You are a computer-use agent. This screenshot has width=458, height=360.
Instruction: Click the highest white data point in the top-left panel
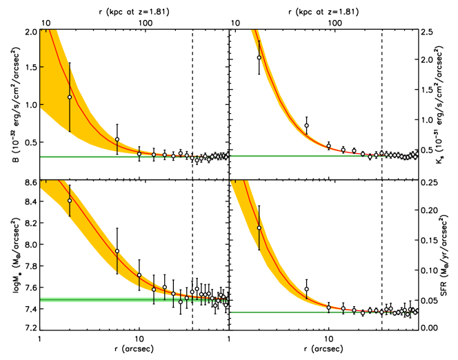(x=70, y=97)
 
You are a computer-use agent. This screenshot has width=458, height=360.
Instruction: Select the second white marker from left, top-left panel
(x=117, y=139)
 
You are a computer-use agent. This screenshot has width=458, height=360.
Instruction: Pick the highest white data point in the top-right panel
(x=259, y=57)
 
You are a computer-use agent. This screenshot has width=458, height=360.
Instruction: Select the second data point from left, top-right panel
(x=306, y=126)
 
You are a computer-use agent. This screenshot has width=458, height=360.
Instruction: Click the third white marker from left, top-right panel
(x=328, y=146)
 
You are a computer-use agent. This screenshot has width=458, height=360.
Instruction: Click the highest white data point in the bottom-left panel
(x=70, y=201)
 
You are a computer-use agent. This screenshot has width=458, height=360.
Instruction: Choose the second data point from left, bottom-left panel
(x=117, y=251)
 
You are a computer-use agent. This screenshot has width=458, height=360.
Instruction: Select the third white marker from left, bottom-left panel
(x=139, y=275)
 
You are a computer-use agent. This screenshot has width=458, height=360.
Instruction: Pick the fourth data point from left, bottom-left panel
(x=153, y=289)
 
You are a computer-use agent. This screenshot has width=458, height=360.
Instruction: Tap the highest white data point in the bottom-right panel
(x=259, y=228)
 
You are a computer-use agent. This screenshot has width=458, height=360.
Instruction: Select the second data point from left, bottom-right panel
(x=306, y=290)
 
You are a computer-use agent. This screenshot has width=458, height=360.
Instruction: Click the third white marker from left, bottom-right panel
(x=328, y=306)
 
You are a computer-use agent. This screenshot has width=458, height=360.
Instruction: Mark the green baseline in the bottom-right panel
(x=276, y=312)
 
